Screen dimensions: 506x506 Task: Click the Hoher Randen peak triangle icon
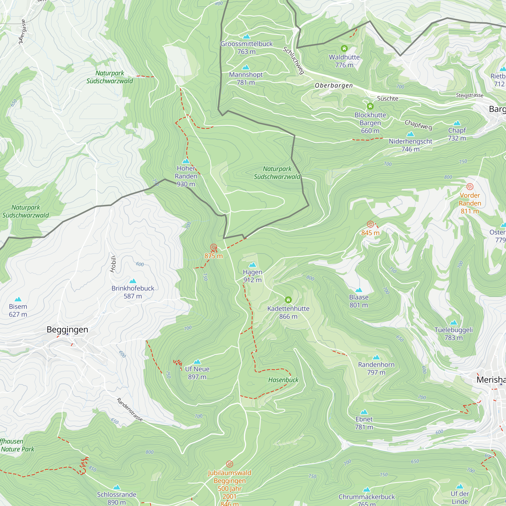pos(186,161)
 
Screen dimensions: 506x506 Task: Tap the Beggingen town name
pos(67,329)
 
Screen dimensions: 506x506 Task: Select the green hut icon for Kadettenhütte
pos(288,300)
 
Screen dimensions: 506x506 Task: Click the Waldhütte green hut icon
pos(344,49)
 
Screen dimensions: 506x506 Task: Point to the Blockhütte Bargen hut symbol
pos(370,106)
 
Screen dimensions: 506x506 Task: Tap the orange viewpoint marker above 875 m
pos(214,247)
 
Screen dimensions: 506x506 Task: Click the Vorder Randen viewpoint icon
pos(470,186)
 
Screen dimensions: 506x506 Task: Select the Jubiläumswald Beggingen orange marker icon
pos(229,464)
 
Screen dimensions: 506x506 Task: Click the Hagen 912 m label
pos(252,276)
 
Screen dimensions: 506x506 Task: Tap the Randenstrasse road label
pos(130,410)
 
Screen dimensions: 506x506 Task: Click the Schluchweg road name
pos(293,60)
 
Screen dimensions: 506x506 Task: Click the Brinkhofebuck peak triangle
pos(133,281)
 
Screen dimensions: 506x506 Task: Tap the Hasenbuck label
pos(283,380)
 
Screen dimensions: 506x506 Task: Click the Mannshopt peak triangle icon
pos(245,67)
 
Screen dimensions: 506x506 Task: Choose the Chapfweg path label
pos(418,125)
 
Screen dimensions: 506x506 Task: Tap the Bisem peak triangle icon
pos(18,299)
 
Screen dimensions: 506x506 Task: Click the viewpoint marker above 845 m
pos(370,224)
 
